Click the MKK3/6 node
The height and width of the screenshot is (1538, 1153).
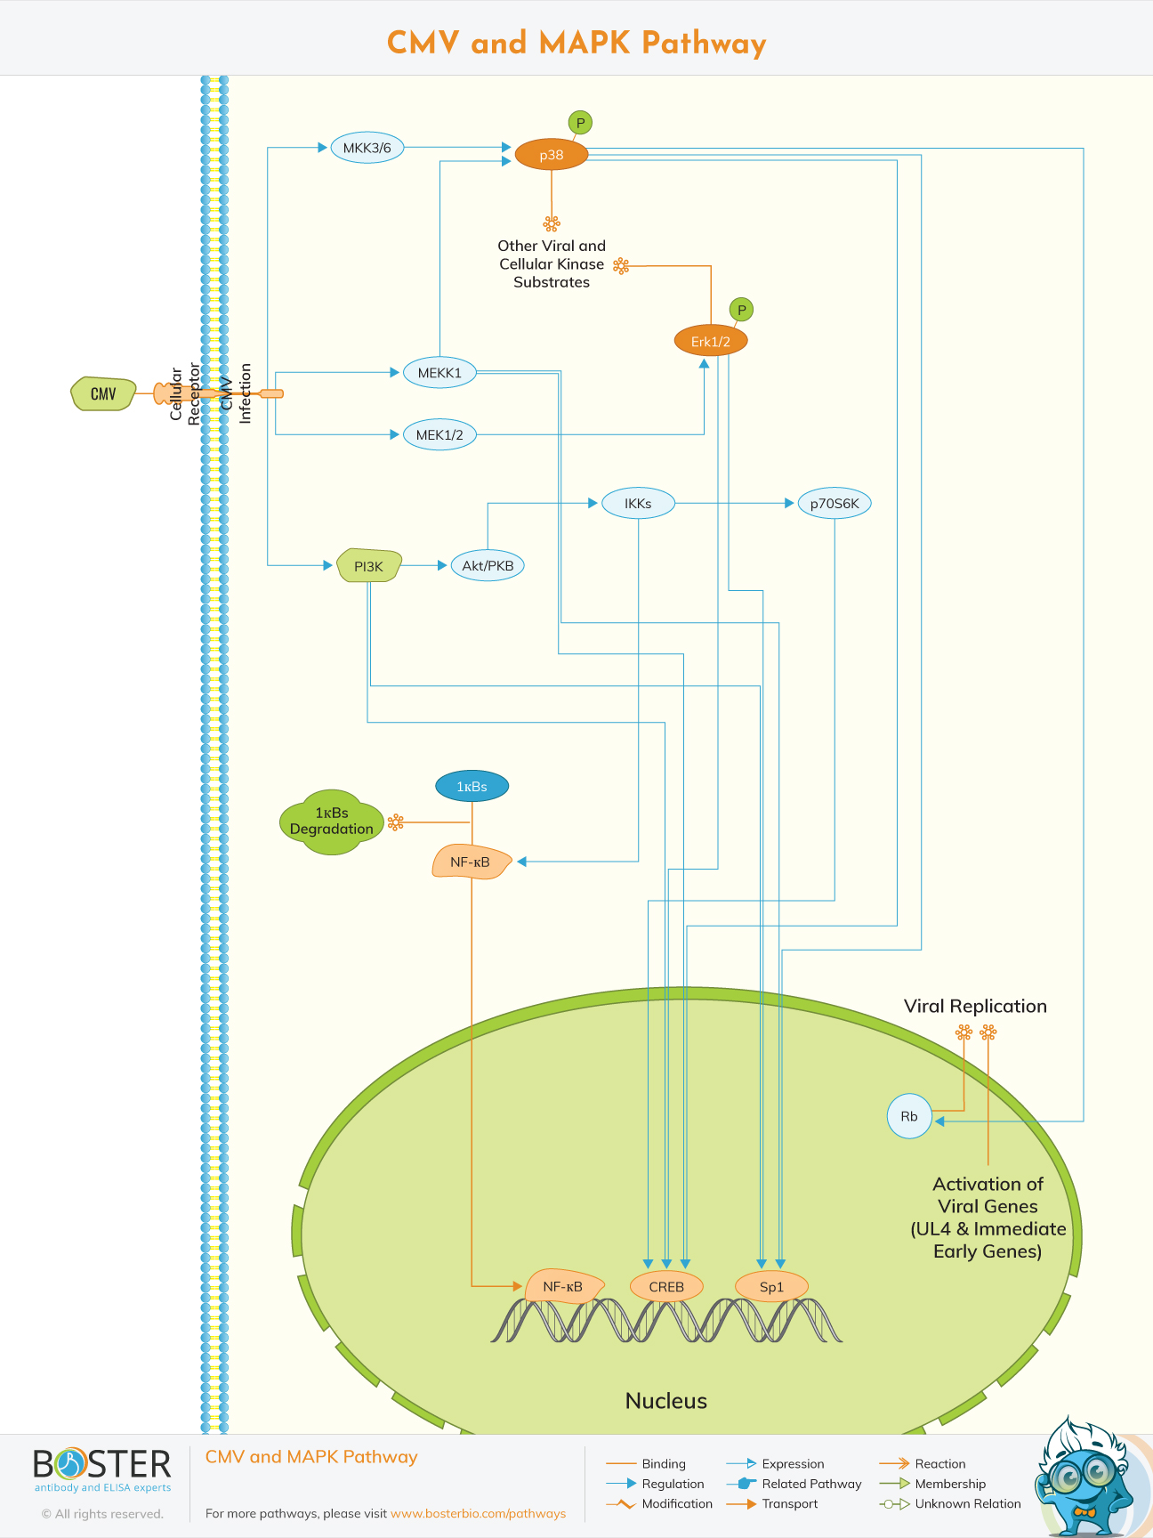point(367,148)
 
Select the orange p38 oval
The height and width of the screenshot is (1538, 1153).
point(551,155)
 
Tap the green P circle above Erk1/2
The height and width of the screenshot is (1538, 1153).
point(741,310)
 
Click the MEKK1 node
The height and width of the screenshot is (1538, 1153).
point(439,373)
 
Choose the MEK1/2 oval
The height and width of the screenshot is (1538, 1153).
point(439,435)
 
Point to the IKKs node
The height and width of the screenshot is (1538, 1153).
point(638,504)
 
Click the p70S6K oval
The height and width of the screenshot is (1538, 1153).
point(834,504)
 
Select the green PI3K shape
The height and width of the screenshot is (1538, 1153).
point(368,566)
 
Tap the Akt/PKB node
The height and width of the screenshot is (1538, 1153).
point(488,566)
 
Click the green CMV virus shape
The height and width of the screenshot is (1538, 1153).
point(103,393)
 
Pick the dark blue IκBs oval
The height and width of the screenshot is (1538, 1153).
point(472,787)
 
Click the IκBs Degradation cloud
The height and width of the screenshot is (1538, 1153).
point(332,822)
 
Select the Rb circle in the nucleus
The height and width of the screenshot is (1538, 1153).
point(908,1116)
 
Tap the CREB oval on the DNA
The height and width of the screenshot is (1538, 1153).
point(666,1287)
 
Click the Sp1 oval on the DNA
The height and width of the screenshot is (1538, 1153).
point(771,1287)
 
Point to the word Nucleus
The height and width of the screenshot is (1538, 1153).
point(665,1401)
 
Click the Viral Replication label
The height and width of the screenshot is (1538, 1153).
point(975,1007)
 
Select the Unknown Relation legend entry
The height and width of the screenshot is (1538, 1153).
point(967,1504)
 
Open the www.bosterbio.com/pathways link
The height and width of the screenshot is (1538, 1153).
point(478,1513)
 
